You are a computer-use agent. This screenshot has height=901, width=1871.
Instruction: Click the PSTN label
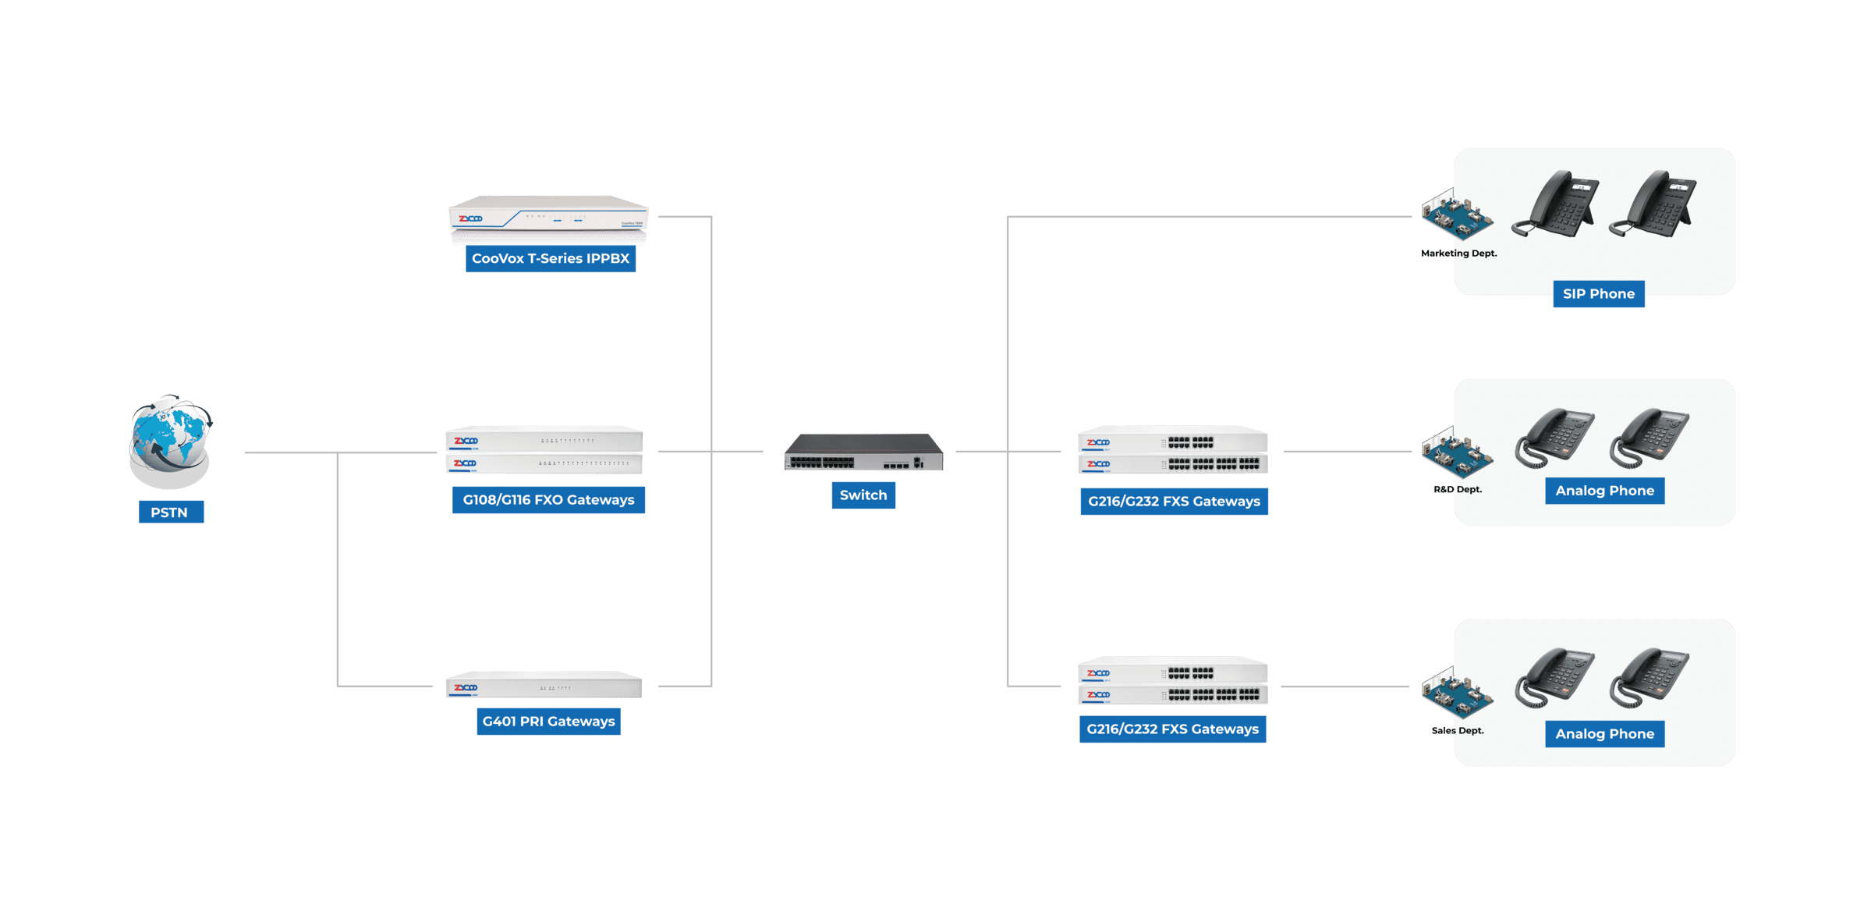tap(170, 513)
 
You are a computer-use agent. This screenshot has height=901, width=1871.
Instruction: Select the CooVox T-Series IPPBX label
tap(551, 258)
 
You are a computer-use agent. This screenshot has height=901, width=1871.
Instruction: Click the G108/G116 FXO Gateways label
tap(548, 500)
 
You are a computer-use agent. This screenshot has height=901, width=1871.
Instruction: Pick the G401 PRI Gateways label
tap(548, 722)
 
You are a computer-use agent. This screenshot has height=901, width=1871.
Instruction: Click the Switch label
tap(863, 495)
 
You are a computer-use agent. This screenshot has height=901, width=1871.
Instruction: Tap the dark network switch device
tap(863, 452)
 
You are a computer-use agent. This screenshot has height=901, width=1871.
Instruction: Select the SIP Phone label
tap(1599, 294)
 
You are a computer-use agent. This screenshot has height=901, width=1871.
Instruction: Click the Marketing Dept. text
tap(1458, 254)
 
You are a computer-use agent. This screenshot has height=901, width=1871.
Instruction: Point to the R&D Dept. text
tap(1458, 490)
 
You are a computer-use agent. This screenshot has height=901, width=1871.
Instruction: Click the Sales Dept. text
tap(1458, 731)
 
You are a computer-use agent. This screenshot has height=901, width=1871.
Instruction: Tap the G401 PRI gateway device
tap(544, 686)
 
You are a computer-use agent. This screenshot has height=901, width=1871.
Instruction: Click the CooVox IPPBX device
tap(549, 218)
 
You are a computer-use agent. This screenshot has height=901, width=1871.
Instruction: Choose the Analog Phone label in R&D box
tap(1604, 491)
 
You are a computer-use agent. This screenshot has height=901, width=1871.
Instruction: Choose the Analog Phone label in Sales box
tap(1604, 734)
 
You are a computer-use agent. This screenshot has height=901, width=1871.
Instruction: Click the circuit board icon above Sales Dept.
tap(1456, 693)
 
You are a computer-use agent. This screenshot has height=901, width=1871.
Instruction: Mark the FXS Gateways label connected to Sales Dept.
tap(1172, 729)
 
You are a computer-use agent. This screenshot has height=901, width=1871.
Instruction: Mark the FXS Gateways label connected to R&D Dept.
tap(1174, 502)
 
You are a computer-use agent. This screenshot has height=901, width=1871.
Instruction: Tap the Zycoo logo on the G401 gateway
tap(466, 687)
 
